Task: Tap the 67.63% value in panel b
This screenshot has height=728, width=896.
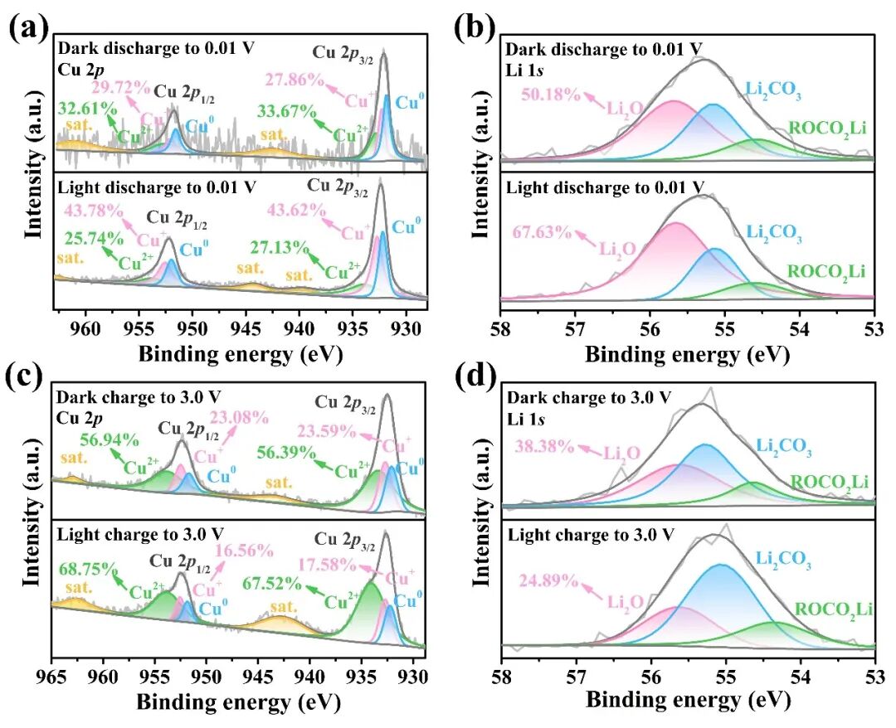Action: click(x=544, y=232)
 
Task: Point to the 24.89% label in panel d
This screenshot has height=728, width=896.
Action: click(x=548, y=579)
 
